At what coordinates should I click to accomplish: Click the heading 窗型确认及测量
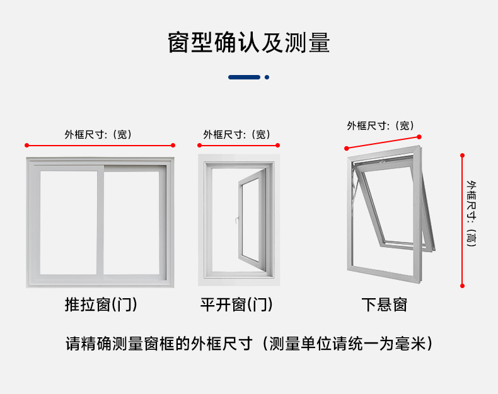248,43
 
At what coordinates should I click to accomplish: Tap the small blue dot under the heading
267,77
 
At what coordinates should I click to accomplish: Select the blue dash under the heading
244,77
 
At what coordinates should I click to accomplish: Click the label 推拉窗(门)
101,305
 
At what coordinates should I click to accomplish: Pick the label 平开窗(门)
236,305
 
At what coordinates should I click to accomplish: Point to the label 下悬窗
385,305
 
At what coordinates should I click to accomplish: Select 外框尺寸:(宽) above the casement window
236,134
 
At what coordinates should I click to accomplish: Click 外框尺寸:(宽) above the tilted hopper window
380,125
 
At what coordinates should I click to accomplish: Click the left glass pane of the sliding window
68,222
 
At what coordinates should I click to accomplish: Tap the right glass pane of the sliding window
131,222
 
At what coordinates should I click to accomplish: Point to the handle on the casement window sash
236,221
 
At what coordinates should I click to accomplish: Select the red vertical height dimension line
462,221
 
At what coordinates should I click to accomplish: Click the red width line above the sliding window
100,146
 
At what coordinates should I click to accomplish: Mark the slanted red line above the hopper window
383,142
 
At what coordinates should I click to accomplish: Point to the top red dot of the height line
462,154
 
